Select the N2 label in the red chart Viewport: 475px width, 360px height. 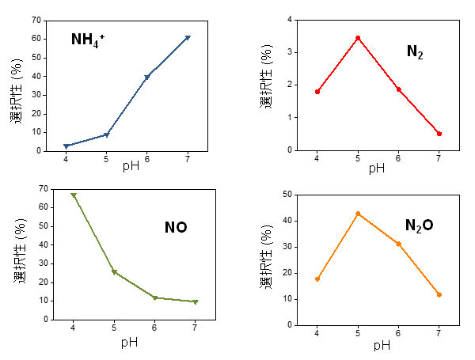coord(415,52)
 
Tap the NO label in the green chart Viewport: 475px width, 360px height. coord(176,228)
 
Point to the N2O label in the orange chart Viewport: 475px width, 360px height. coord(419,225)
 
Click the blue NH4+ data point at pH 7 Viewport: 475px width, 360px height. coord(188,37)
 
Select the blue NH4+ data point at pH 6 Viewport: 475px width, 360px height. coord(147,77)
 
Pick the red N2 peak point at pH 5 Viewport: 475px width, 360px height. coord(358,38)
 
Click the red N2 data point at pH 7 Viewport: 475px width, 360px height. coord(439,134)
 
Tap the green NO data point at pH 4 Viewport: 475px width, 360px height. coord(74,195)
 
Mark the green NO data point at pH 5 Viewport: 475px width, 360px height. coord(114,272)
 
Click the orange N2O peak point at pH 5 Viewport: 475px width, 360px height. coord(358,214)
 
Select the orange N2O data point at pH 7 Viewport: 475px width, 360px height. coord(439,294)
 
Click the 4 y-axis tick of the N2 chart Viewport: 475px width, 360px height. coord(290,19)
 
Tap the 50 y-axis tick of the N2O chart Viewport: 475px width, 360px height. coord(287,195)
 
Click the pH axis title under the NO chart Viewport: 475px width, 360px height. coord(130,343)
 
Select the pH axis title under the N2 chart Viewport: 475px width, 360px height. coord(377,168)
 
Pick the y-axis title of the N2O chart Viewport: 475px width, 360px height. coord(268,259)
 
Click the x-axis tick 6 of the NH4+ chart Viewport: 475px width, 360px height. coord(146,157)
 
